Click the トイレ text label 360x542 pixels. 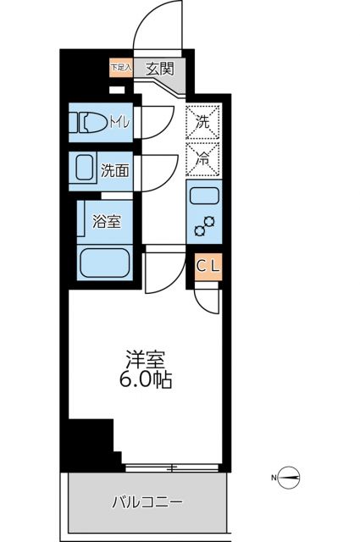pos(119,122)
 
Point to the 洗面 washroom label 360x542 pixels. pos(115,170)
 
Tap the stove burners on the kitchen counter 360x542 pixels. pos(204,226)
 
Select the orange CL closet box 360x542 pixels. pos(208,266)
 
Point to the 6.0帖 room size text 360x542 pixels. pos(144,380)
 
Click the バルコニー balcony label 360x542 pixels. pos(147,502)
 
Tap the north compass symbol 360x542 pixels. pos(290,478)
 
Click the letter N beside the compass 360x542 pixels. pos(274,478)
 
